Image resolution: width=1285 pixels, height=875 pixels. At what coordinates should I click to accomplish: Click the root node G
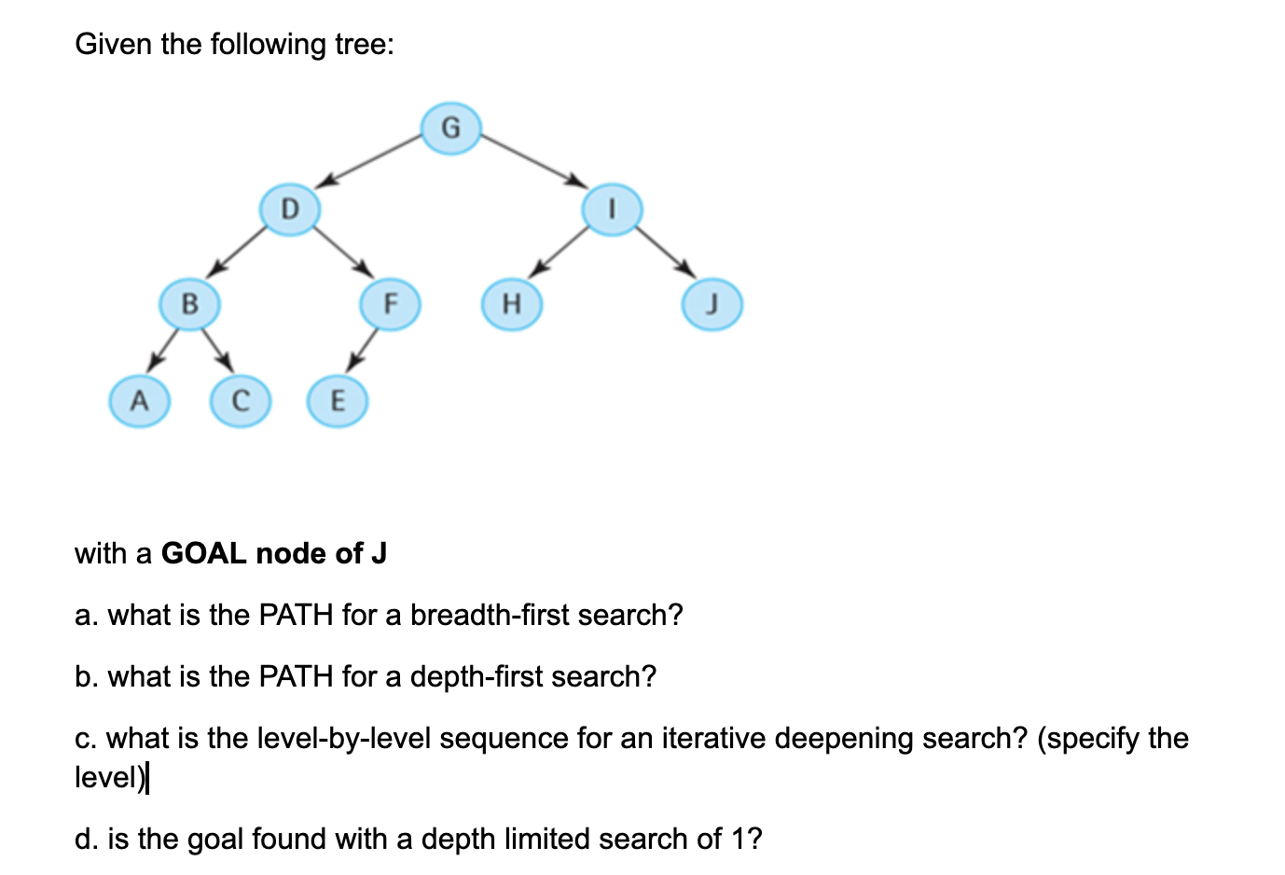click(x=450, y=128)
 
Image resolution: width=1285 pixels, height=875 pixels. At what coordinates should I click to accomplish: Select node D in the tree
click(x=290, y=208)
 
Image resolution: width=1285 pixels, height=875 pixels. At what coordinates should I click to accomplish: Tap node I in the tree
click(x=612, y=209)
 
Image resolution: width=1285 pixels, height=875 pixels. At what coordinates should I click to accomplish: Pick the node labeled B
click(x=189, y=304)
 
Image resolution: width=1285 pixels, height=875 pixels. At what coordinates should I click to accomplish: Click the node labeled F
click(x=390, y=304)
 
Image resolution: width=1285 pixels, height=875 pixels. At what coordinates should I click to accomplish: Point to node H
click(x=511, y=304)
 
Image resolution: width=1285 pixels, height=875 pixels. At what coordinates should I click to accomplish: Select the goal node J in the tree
click(x=712, y=305)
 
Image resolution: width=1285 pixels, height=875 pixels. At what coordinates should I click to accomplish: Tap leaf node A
click(x=140, y=401)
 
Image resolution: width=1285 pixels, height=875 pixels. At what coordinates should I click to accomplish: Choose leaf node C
click(x=240, y=401)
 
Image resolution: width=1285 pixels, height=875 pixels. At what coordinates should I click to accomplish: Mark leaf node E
click(x=338, y=401)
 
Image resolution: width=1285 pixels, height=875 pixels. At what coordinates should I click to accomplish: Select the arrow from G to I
click(x=532, y=160)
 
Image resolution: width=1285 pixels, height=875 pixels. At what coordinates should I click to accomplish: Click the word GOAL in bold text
click(x=204, y=553)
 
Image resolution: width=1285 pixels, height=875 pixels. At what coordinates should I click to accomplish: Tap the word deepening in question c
click(x=844, y=738)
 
